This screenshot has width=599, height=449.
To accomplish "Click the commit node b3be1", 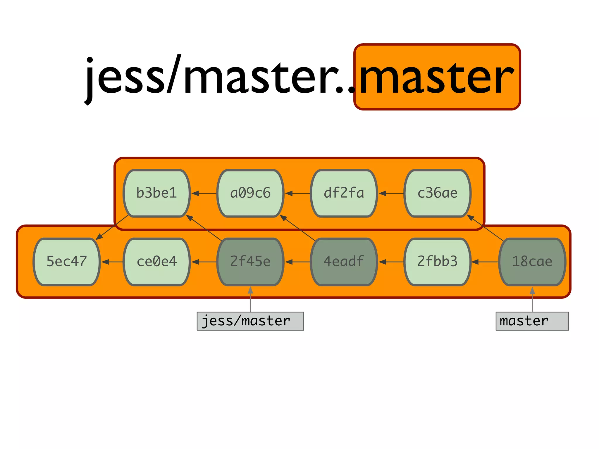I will pos(157,193).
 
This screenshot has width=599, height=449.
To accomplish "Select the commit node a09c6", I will pos(250,193).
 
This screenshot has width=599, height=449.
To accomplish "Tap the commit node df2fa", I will pos(344,193).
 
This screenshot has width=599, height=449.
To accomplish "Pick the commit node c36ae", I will pos(437,193).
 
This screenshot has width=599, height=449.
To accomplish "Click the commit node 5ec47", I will pos(67,262).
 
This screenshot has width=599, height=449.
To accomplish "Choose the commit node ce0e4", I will pos(157,262).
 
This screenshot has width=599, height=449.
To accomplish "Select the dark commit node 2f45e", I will pos(250,262).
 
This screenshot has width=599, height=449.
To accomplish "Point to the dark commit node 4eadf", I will pos(344,262).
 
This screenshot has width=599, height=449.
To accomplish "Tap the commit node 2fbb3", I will pos(437,262).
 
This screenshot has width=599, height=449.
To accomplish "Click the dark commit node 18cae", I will pos(532,262).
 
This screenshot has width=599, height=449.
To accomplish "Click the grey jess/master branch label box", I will pos(250,321).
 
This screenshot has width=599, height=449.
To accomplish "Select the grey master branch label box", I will pos(532,321).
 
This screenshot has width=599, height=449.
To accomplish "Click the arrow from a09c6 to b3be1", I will pos(204,193).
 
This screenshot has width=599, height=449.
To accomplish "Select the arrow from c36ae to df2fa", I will pos(391,193).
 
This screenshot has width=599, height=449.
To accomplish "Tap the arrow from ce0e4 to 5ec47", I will pos(112,262).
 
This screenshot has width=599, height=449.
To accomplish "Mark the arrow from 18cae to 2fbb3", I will pos(485,262).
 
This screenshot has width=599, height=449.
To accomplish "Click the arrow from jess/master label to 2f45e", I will pos(250,299).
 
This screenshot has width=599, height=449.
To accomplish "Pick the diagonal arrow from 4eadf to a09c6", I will pos(298,228).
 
